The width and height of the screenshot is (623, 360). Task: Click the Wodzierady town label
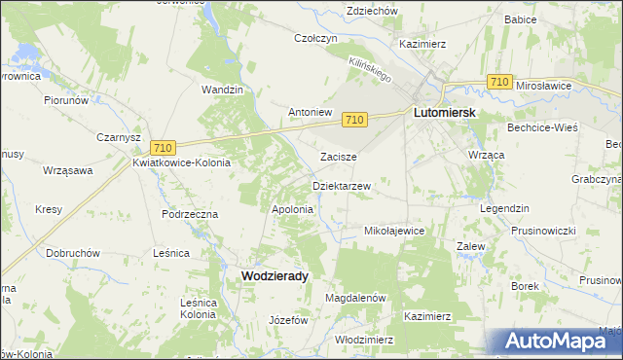[x=274, y=276]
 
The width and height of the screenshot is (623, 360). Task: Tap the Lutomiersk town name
[x=444, y=113]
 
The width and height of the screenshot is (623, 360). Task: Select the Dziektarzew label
[x=341, y=185]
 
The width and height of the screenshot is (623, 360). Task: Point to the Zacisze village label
[x=339, y=156]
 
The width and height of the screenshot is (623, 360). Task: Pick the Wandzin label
[x=221, y=90]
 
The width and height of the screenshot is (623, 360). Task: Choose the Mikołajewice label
[x=393, y=231]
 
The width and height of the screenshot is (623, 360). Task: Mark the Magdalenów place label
[x=356, y=298]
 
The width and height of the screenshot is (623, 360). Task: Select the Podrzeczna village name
[x=190, y=213]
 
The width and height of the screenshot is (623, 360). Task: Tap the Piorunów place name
[x=66, y=99]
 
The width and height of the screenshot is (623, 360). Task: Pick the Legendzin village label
[x=503, y=209]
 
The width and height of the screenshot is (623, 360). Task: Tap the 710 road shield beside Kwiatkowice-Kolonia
[x=163, y=147]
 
